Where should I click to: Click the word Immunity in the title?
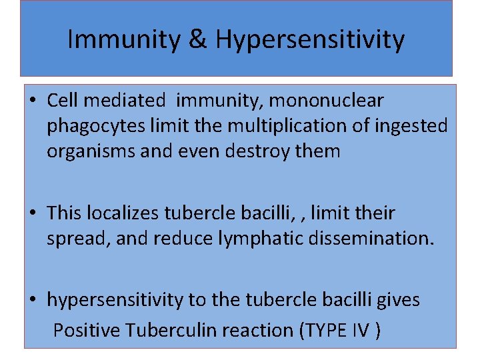[x=124, y=39]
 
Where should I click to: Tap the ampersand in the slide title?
[x=198, y=39]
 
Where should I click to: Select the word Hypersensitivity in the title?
[x=310, y=39]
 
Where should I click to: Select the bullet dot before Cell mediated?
[x=33, y=101]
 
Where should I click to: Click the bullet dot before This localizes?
[x=33, y=214]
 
